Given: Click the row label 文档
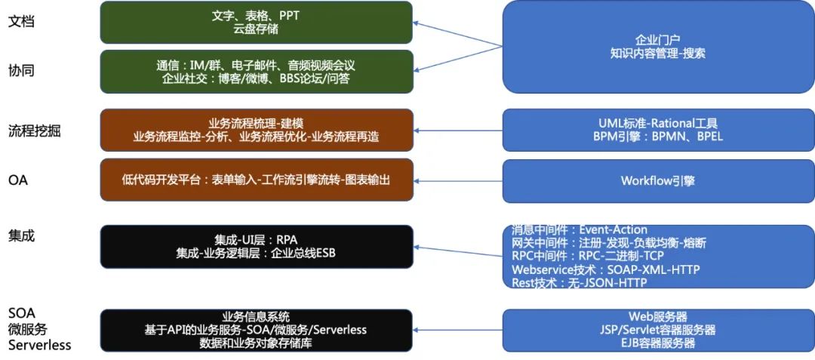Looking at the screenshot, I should click(x=21, y=22).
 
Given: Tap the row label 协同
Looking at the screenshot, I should click(x=21, y=70).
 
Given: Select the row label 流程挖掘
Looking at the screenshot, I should click(x=34, y=131).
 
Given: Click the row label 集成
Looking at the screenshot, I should click(x=21, y=236).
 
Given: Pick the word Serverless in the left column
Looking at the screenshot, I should click(x=39, y=345).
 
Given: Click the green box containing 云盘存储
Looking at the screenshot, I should click(x=257, y=22).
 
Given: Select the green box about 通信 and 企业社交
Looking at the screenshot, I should click(x=257, y=71).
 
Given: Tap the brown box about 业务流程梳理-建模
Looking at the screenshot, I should click(x=257, y=130).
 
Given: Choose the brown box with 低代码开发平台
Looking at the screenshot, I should click(x=257, y=180).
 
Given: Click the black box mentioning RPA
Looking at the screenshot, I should click(x=257, y=246).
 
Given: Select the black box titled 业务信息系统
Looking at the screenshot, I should click(x=257, y=330).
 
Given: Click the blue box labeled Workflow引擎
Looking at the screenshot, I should click(x=658, y=180).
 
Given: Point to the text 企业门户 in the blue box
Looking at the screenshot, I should click(x=658, y=40).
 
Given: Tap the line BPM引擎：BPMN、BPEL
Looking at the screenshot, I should click(x=658, y=137).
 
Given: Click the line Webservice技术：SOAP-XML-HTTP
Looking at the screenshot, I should click(x=606, y=269).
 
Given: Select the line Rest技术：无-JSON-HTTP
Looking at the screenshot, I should click(x=580, y=283).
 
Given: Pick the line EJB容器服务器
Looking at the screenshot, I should click(x=657, y=343).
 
